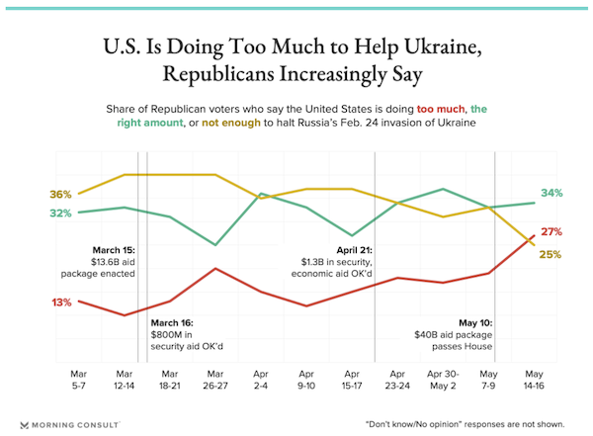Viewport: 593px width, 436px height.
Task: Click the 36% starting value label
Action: coord(60,194)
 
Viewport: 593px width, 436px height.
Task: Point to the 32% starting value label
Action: coord(60,214)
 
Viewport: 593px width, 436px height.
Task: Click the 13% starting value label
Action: coord(60,302)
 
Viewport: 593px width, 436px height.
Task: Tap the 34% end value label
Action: coord(551,193)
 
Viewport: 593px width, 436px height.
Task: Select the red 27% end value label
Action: coord(551,232)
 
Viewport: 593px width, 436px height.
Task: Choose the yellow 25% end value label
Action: coord(551,254)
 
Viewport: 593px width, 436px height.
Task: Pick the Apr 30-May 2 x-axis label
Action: coord(443,380)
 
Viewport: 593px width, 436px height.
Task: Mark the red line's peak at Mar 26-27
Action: coord(215,268)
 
